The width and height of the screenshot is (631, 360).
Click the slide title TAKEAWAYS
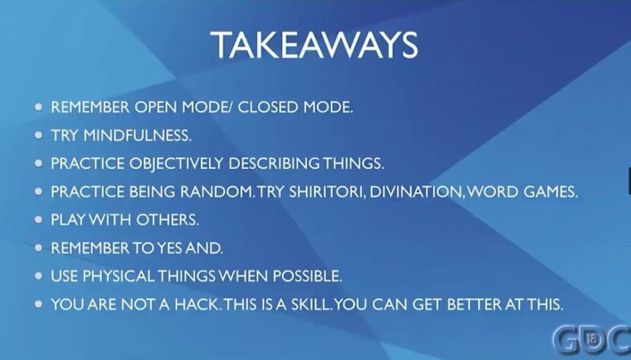pyautogui.click(x=314, y=45)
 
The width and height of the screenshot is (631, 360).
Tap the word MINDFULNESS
pyautogui.click(x=137, y=135)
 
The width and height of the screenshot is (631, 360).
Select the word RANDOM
pyautogui.click(x=218, y=192)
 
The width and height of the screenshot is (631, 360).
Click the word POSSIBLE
pyautogui.click(x=307, y=276)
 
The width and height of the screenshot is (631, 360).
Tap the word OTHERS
pyautogui.click(x=168, y=220)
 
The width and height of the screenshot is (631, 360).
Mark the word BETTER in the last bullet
pyautogui.click(x=474, y=305)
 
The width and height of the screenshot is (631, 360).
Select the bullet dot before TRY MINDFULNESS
pyautogui.click(x=39, y=135)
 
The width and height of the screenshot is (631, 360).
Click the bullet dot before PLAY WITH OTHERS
pyautogui.click(x=39, y=220)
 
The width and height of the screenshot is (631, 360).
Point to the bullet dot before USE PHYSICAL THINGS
pyautogui.click(x=39, y=276)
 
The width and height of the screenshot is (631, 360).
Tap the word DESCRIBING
pyautogui.click(x=274, y=163)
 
